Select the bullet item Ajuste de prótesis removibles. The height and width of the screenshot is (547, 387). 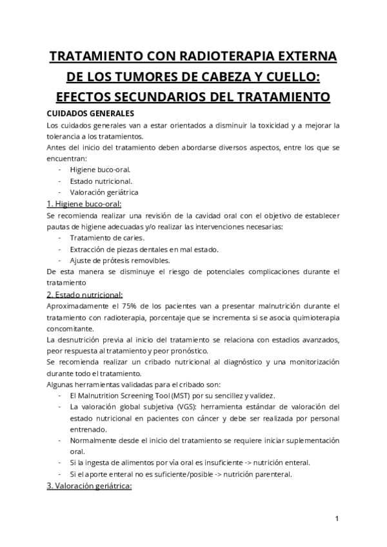(x=120, y=261)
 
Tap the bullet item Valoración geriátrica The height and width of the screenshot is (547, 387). (x=104, y=192)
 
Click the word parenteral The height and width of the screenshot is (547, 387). (x=274, y=475)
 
